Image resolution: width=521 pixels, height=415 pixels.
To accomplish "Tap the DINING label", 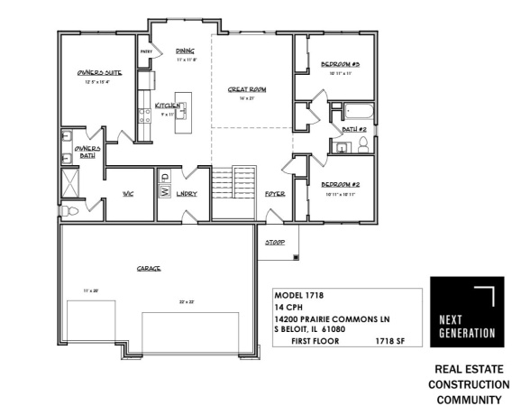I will [186, 51].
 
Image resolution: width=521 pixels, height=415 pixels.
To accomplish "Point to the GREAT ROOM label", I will [246, 89].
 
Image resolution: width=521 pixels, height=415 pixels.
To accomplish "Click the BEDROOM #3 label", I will [340, 64].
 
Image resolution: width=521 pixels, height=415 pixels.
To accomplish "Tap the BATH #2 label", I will [353, 130].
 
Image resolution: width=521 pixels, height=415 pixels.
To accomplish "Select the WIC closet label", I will [129, 193].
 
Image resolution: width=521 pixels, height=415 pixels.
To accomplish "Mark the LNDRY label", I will [187, 193].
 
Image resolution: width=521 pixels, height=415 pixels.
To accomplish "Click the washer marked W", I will [165, 191].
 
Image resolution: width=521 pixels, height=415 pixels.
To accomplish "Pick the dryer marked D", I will [165, 176].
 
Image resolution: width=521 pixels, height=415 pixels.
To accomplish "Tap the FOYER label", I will [275, 194].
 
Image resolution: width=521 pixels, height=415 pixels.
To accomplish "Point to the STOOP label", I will [275, 243].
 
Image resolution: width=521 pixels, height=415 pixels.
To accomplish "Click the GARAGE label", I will [149, 267].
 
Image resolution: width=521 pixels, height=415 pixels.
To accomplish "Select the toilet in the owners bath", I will [74, 209].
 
